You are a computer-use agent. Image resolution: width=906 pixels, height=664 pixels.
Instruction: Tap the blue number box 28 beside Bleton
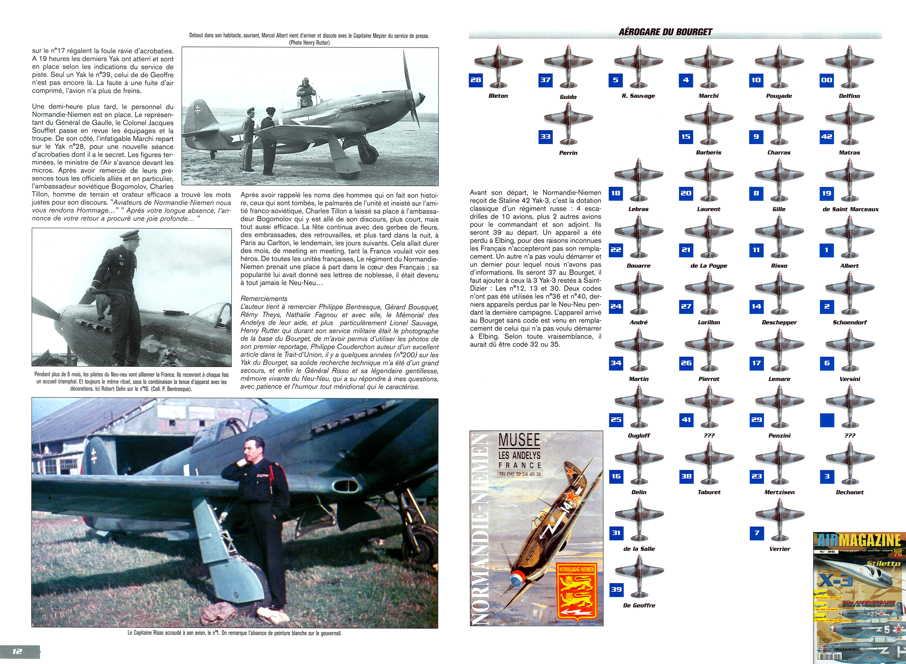[476, 80]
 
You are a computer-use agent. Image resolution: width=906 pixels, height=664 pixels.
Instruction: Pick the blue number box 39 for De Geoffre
[616, 590]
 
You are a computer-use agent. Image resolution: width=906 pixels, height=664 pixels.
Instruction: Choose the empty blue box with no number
[827, 420]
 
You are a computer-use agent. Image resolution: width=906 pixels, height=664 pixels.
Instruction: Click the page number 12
[17, 651]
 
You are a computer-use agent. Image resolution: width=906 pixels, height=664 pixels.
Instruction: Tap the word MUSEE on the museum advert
[519, 440]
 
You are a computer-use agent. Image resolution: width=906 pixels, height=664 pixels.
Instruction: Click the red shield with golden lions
[576, 593]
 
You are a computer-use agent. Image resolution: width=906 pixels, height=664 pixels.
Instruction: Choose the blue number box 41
[686, 420]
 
